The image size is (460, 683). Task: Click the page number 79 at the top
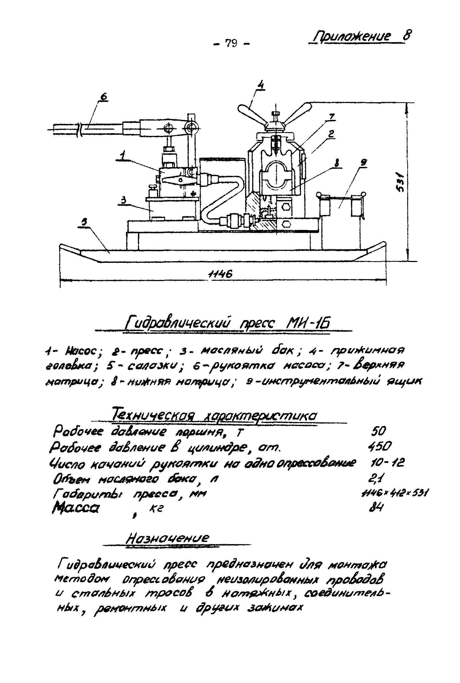231,43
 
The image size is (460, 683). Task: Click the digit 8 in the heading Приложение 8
407,36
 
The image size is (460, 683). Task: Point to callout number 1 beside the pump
123,155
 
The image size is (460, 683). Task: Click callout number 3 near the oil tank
124,200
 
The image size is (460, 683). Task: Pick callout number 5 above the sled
85,222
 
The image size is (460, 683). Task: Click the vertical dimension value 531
401,182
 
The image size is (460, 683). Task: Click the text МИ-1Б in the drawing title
308,324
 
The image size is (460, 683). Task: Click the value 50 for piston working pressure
378,431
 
